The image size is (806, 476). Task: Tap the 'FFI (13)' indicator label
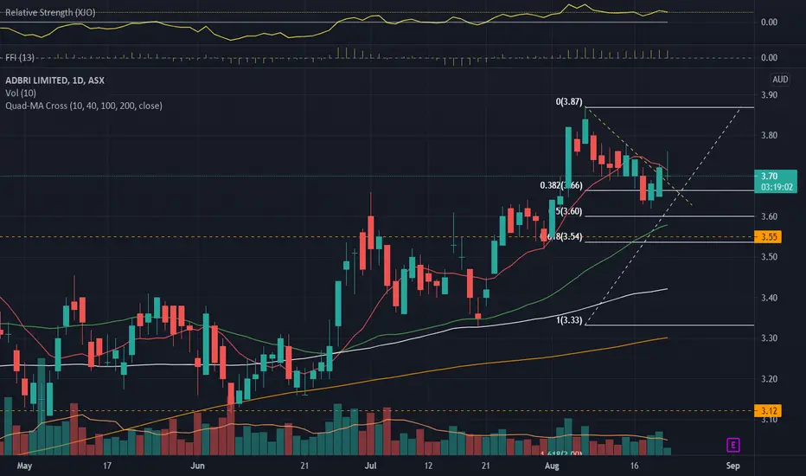pos(20,58)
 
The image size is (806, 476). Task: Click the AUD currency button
pos(780,80)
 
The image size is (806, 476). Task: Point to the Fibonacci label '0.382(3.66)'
pos(557,185)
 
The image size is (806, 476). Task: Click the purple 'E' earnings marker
pos(732,445)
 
